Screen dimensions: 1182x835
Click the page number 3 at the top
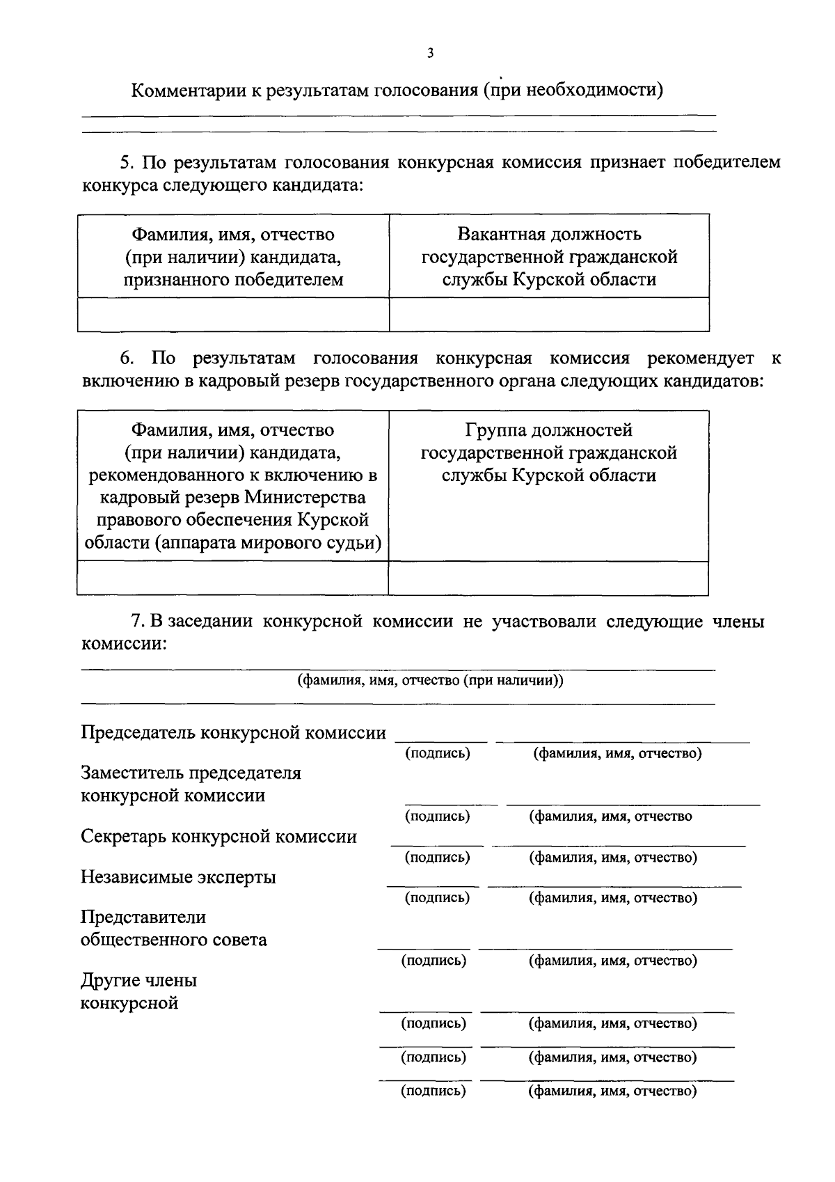point(430,53)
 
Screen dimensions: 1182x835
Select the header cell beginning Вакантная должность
point(549,256)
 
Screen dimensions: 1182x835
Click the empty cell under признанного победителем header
point(233,314)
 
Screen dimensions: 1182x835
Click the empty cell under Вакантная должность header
point(549,314)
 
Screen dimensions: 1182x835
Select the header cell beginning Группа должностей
point(549,452)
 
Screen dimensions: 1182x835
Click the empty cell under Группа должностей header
point(549,578)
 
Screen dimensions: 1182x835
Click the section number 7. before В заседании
point(137,622)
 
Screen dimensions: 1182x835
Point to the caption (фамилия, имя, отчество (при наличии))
point(430,680)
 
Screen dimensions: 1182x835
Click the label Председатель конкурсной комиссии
point(233,733)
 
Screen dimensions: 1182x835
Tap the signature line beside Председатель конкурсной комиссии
point(441,741)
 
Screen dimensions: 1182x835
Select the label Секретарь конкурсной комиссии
point(218,837)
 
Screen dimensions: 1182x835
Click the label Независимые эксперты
point(178,877)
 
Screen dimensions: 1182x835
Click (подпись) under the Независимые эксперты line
point(437,898)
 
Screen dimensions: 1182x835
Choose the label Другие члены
point(138,981)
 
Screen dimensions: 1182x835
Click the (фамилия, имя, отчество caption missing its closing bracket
point(610,817)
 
